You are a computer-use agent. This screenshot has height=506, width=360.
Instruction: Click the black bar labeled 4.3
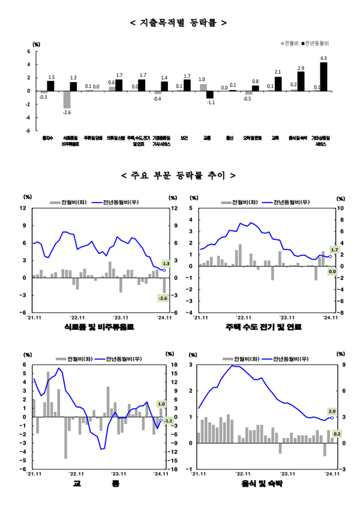[323, 77]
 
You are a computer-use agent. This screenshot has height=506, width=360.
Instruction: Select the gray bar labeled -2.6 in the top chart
[67, 100]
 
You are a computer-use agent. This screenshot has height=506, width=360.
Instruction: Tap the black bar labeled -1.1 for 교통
[210, 95]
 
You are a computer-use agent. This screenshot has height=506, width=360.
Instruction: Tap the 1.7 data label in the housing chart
[334, 249]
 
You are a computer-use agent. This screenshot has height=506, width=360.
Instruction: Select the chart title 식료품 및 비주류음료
[99, 328]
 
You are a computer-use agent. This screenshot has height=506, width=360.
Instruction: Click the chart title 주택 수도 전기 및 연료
[264, 328]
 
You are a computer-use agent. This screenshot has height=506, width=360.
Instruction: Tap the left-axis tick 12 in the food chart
[25, 208]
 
